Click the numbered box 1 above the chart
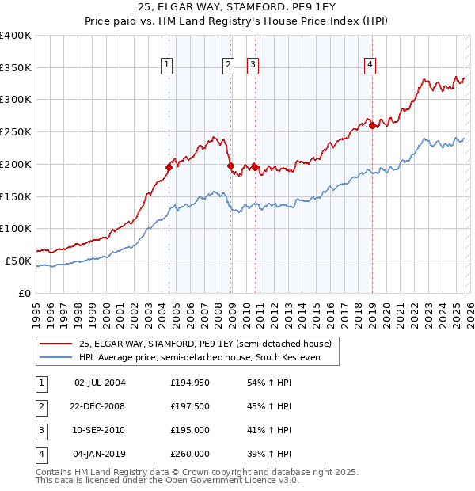[x=168, y=66]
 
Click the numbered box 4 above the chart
[x=370, y=66]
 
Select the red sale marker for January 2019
[x=372, y=125]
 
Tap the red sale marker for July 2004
[x=169, y=167]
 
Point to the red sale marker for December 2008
[x=230, y=166]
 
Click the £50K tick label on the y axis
[x=18, y=261]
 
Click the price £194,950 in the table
[x=190, y=383]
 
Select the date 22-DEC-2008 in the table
[x=99, y=406]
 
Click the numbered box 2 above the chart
[x=228, y=66]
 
